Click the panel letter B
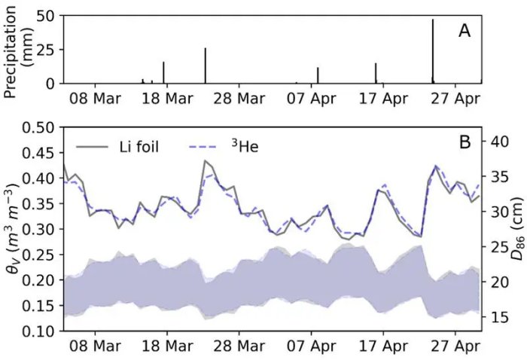click(465, 141)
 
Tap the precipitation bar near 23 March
click(205, 66)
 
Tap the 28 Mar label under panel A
click(238, 99)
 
